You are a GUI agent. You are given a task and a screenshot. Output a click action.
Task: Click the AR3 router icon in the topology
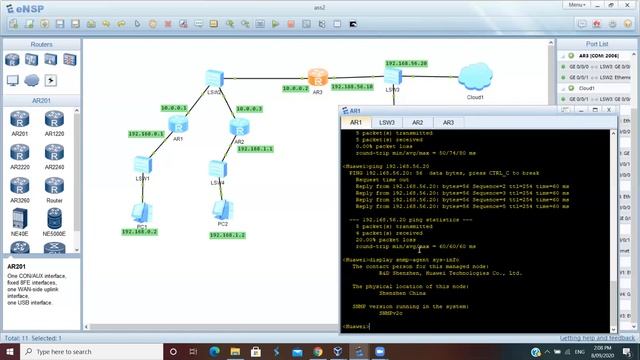tap(318, 77)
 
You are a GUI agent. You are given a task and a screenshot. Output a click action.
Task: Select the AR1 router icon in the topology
tap(178, 123)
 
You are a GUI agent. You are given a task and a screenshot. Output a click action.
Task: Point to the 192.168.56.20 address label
tap(406, 62)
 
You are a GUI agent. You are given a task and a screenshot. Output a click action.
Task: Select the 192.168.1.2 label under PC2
tap(228, 235)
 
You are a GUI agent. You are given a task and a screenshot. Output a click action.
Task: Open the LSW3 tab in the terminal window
tap(387, 122)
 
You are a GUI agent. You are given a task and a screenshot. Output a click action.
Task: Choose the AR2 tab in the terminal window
tap(418, 122)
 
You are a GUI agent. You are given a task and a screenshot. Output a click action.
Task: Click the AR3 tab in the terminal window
tap(448, 122)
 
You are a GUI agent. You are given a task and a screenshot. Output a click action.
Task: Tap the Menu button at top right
tap(604, 5)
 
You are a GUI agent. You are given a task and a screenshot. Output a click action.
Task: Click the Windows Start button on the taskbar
tap(10, 352)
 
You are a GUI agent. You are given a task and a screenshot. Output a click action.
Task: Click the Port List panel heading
tap(596, 44)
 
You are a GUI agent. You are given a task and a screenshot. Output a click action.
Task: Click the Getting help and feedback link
tap(597, 339)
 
